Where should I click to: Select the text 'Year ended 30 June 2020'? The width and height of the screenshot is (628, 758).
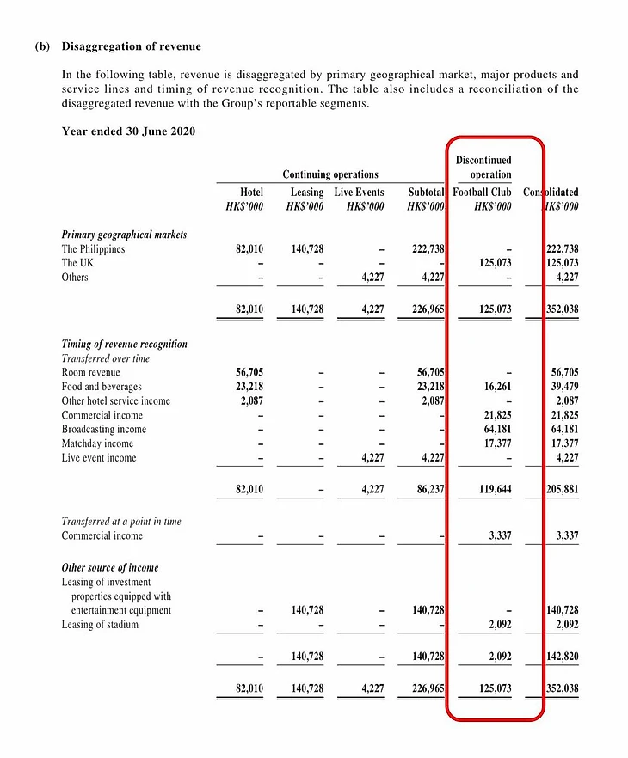[x=128, y=131]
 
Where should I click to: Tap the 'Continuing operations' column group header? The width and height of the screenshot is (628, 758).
[x=330, y=174]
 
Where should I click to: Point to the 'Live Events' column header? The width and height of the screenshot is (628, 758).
[x=360, y=192]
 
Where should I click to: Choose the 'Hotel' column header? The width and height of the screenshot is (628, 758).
[x=251, y=192]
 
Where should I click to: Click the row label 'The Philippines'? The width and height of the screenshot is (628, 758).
[x=93, y=249]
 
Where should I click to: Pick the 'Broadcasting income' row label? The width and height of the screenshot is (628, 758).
[x=103, y=429]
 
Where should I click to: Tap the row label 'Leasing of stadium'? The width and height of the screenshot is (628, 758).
[x=100, y=625]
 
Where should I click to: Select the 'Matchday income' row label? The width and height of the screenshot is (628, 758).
[x=96, y=443]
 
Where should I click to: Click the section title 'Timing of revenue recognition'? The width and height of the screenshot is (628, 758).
[x=124, y=345]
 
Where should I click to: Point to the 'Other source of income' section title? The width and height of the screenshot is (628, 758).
[x=110, y=568]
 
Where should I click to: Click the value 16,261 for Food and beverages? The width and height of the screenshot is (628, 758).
[x=495, y=387]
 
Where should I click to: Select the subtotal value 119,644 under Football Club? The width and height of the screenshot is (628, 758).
[x=492, y=490]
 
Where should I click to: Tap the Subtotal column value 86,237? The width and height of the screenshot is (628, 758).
[x=428, y=490]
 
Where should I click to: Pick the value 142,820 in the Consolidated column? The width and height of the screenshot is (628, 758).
[x=563, y=657]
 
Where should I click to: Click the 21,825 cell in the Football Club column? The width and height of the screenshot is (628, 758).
[x=495, y=415]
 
